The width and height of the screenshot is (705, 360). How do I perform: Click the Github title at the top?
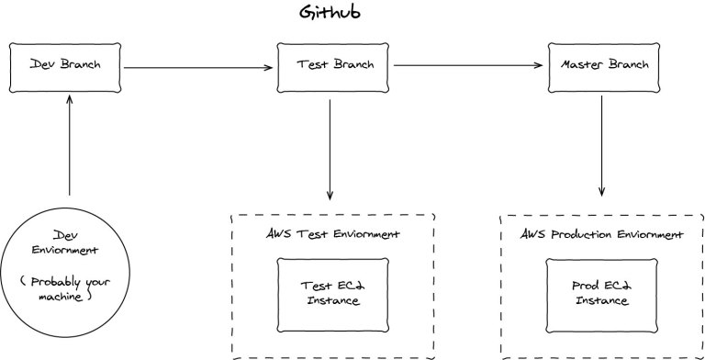click(x=330, y=12)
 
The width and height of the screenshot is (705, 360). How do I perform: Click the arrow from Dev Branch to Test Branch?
click(x=198, y=68)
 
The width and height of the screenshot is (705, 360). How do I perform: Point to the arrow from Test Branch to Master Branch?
click(x=468, y=65)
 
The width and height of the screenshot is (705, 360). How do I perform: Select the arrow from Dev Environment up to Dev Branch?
click(x=69, y=145)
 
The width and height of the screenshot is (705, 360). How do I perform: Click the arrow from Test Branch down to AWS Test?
click(x=330, y=150)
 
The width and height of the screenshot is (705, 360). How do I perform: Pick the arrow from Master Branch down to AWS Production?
click(x=601, y=146)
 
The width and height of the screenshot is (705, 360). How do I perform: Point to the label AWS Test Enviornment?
click(x=332, y=234)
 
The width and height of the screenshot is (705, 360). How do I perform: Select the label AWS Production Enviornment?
click(x=602, y=234)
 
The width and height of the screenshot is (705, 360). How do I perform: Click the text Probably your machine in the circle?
click(x=65, y=289)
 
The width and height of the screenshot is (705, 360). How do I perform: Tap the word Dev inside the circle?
click(x=65, y=235)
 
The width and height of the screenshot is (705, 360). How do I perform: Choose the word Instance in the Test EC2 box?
click(x=333, y=300)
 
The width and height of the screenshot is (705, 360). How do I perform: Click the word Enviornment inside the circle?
click(x=65, y=250)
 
